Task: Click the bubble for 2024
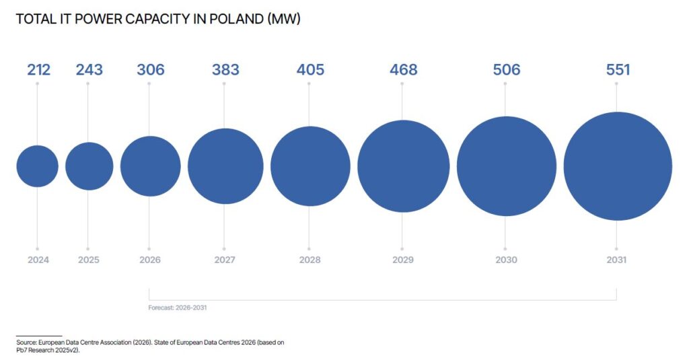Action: [x=38, y=166]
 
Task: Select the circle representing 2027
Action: [x=225, y=166]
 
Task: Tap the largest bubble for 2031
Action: [x=618, y=166]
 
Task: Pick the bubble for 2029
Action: [x=404, y=166]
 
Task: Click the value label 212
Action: [x=38, y=69]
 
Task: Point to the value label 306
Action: [x=150, y=69]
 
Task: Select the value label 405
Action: [x=310, y=69]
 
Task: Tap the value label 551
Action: [x=618, y=69]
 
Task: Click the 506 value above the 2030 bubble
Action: [x=507, y=69]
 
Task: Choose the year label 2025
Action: [x=89, y=260]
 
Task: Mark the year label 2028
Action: [x=310, y=260]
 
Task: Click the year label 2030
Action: [x=506, y=260]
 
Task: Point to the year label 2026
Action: [x=150, y=260]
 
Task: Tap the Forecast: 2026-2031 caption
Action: [x=178, y=308]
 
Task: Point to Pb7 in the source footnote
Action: [x=22, y=351]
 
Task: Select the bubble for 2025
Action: [x=89, y=166]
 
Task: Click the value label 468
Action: [x=404, y=69]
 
